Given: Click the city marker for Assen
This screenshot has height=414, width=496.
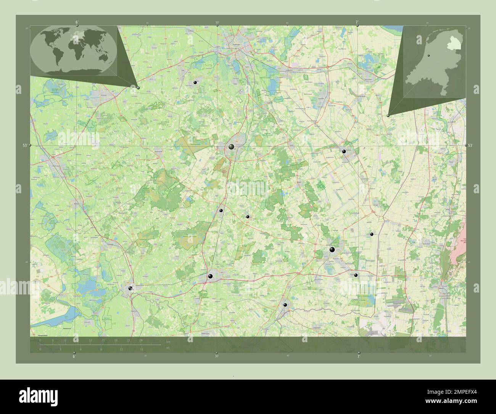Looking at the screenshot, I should pos(232,146).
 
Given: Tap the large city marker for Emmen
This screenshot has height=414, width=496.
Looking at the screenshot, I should pos(332,250).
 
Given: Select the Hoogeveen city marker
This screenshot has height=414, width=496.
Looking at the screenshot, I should pos(210,276).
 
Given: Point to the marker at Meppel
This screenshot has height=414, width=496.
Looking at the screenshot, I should pos(130,288).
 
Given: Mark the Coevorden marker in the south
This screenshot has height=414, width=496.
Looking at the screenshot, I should pos(285,305).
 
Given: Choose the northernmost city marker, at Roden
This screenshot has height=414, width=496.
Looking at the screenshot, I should pos(195,82).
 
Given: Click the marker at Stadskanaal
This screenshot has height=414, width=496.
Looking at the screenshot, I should pos(344,152).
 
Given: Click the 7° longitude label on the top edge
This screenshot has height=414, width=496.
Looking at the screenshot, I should pos(357,22).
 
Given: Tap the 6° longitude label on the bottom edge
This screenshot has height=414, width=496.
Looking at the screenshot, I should pos(74,356).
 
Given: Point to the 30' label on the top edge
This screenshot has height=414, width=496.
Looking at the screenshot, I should pos(217,23).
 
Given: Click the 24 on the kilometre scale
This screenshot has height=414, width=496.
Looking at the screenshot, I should pos(141,340).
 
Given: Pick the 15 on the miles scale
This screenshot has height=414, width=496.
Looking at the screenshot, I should pos(142,349).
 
